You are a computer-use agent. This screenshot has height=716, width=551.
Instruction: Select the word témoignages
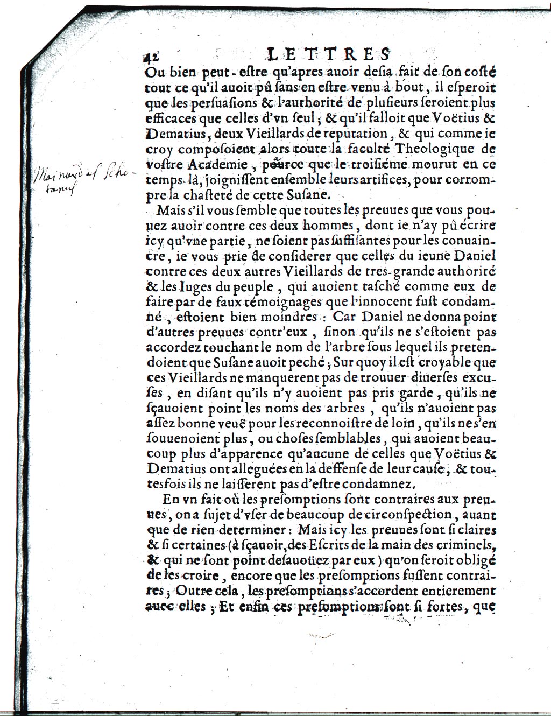coord(274,302)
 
